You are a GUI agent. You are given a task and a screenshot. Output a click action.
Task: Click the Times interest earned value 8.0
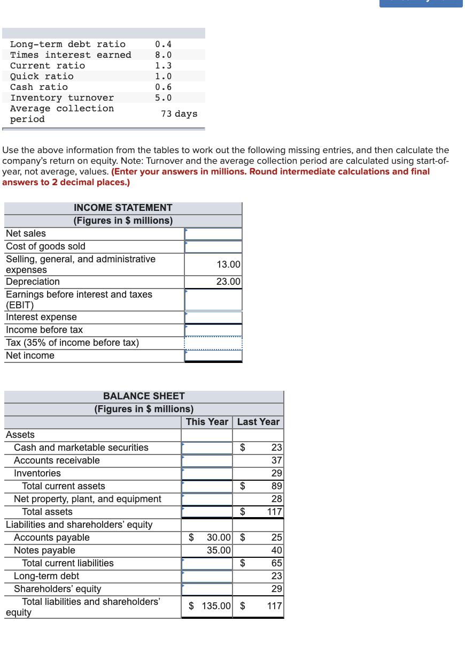(163, 55)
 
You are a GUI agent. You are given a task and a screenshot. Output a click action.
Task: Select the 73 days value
(179, 113)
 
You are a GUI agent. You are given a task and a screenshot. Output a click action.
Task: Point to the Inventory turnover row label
(62, 97)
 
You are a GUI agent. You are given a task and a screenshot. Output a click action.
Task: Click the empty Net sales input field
(213, 233)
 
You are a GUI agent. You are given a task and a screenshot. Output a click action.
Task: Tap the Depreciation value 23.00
(228, 282)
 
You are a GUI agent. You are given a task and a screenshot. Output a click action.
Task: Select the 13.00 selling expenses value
(228, 264)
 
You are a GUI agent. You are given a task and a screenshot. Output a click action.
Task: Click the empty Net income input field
(213, 355)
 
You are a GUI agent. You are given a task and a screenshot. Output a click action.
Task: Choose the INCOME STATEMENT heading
(123, 208)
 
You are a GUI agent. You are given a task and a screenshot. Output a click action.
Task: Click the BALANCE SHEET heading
(144, 396)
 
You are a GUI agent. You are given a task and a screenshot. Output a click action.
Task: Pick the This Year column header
(207, 422)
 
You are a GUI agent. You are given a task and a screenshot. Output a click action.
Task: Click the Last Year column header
(258, 422)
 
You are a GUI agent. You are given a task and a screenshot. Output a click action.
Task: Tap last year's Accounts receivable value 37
(276, 460)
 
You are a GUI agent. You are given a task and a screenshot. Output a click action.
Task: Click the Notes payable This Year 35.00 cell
(219, 550)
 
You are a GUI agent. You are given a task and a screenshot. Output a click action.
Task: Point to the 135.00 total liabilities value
(216, 607)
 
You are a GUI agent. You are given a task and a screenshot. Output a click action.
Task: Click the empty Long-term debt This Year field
(207, 576)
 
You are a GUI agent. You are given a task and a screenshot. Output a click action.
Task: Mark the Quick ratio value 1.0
(163, 76)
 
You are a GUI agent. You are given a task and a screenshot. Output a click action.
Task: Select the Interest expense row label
(41, 317)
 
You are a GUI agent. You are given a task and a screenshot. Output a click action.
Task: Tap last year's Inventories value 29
(276, 473)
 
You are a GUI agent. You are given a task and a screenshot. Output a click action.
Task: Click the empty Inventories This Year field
(207, 473)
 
